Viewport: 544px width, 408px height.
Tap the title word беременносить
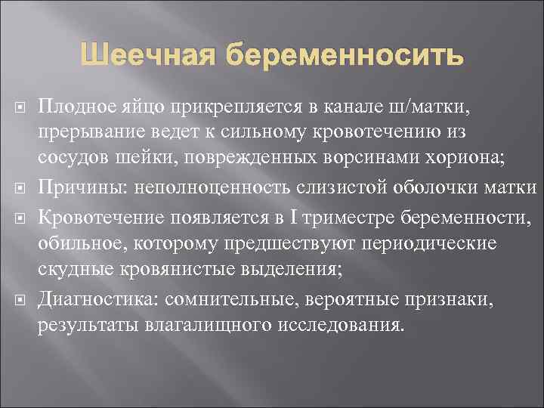[341, 55]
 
